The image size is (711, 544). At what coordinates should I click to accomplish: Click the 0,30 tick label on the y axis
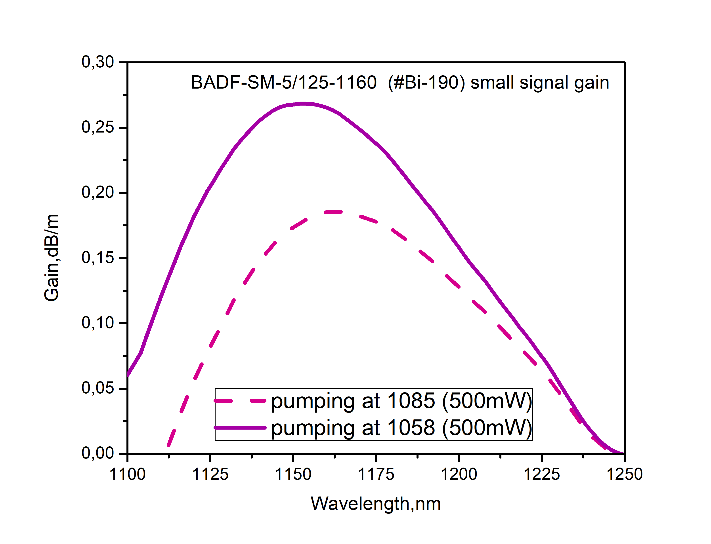pyautogui.click(x=97, y=62)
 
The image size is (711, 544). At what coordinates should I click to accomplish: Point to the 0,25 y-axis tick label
pyautogui.click(x=97, y=127)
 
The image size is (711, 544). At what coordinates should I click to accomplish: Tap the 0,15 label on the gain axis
pyautogui.click(x=97, y=258)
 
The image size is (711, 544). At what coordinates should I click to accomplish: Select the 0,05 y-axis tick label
pyautogui.click(x=97, y=388)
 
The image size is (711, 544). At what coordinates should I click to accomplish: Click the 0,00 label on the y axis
pyautogui.click(x=97, y=453)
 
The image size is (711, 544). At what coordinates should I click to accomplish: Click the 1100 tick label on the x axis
pyautogui.click(x=127, y=474)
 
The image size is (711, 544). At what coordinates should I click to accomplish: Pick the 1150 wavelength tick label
pyautogui.click(x=293, y=474)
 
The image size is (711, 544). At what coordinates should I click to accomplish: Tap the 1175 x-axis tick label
pyautogui.click(x=376, y=474)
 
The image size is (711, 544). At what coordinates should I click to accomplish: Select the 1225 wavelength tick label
pyautogui.click(x=541, y=474)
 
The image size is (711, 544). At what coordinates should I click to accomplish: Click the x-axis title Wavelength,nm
pyautogui.click(x=376, y=504)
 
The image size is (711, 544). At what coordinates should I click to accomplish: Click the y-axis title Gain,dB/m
pyautogui.click(x=52, y=258)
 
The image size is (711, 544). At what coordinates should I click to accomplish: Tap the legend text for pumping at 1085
pyautogui.click(x=401, y=401)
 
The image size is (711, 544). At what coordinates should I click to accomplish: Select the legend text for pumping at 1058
pyautogui.click(x=401, y=428)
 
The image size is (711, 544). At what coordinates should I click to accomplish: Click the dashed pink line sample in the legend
pyautogui.click(x=240, y=401)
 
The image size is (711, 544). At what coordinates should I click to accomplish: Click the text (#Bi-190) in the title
pyautogui.click(x=426, y=83)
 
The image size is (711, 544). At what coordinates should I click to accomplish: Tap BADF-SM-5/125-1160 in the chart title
pyautogui.click(x=284, y=83)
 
